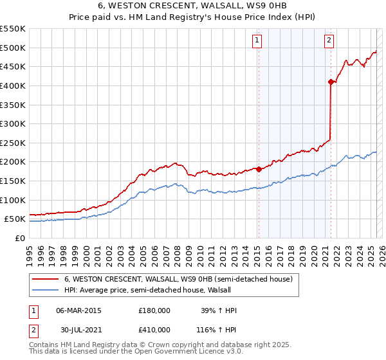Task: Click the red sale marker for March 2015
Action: [x=259, y=169]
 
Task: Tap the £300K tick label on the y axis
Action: [x=13, y=123]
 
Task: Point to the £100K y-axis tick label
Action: [x=13, y=200]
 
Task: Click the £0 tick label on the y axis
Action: [x=19, y=238]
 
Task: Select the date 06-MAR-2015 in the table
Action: [x=78, y=310]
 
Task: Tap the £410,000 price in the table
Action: [x=154, y=329]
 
